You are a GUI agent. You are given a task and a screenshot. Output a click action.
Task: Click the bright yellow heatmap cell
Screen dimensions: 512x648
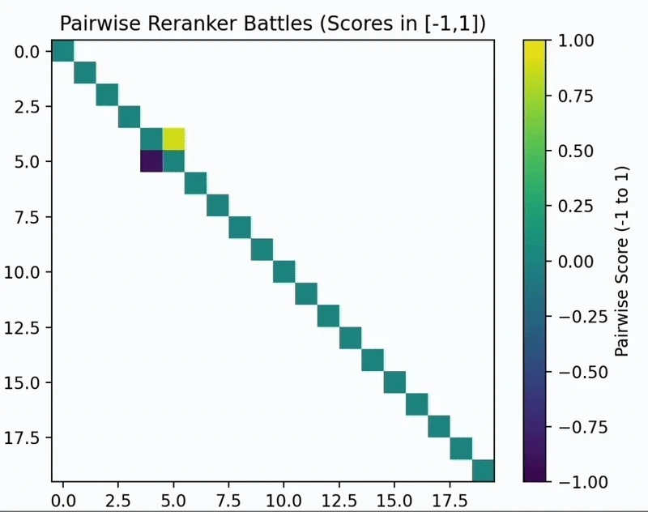[x=173, y=139]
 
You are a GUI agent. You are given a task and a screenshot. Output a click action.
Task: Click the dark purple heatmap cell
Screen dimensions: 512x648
[x=151, y=161]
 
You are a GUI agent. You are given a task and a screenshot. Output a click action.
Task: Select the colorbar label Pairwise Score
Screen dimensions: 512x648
[x=622, y=261]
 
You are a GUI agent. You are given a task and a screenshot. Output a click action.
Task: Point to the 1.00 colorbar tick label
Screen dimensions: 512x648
[x=575, y=40]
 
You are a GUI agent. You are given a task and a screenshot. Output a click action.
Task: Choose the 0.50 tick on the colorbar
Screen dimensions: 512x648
[x=575, y=151]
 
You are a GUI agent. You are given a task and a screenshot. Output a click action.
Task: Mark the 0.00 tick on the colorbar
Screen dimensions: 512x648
[x=575, y=261]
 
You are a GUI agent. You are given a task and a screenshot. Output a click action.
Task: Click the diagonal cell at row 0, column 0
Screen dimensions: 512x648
[x=63, y=51]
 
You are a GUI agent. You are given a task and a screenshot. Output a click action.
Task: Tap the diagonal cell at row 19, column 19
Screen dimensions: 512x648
[x=483, y=471]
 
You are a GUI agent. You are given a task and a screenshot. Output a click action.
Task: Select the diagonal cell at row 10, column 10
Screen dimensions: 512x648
[x=283, y=272]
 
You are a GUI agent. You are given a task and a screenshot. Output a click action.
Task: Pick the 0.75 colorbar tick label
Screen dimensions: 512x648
[x=575, y=96]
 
